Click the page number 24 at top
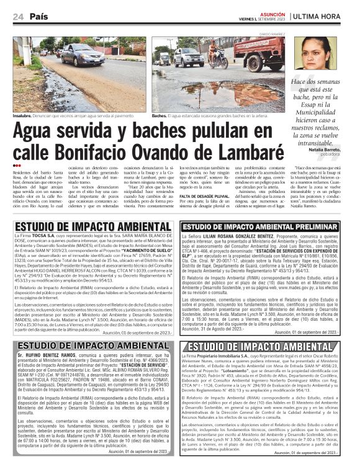[x=19, y=17]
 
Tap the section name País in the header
[x=40, y=17]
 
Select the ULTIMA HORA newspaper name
[x=323, y=17]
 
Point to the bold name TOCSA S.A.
[x=43, y=236]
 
